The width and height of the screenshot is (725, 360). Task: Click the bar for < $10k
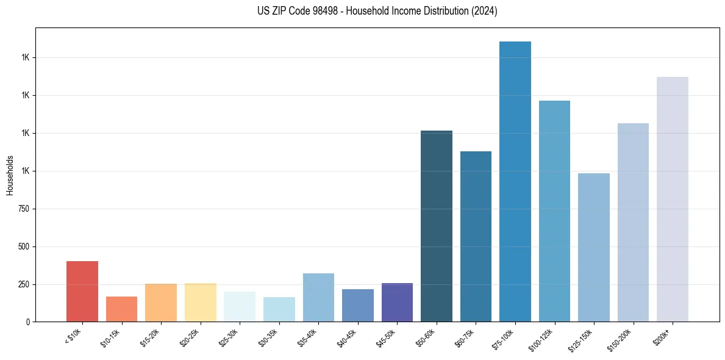pos(82,291)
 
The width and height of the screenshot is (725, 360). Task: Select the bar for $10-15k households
pos(121,309)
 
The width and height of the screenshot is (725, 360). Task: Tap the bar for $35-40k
pos(318,297)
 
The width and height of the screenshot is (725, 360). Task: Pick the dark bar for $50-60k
pos(437,226)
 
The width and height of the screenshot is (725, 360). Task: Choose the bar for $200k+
pos(673,199)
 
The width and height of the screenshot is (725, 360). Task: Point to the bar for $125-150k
pos(594,247)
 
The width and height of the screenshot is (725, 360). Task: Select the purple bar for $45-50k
pos(397,302)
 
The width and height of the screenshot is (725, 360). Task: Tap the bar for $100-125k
pos(554,211)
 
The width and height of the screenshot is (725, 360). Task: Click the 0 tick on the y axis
pos(28,322)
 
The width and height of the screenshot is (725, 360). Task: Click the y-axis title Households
pos(10,175)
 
